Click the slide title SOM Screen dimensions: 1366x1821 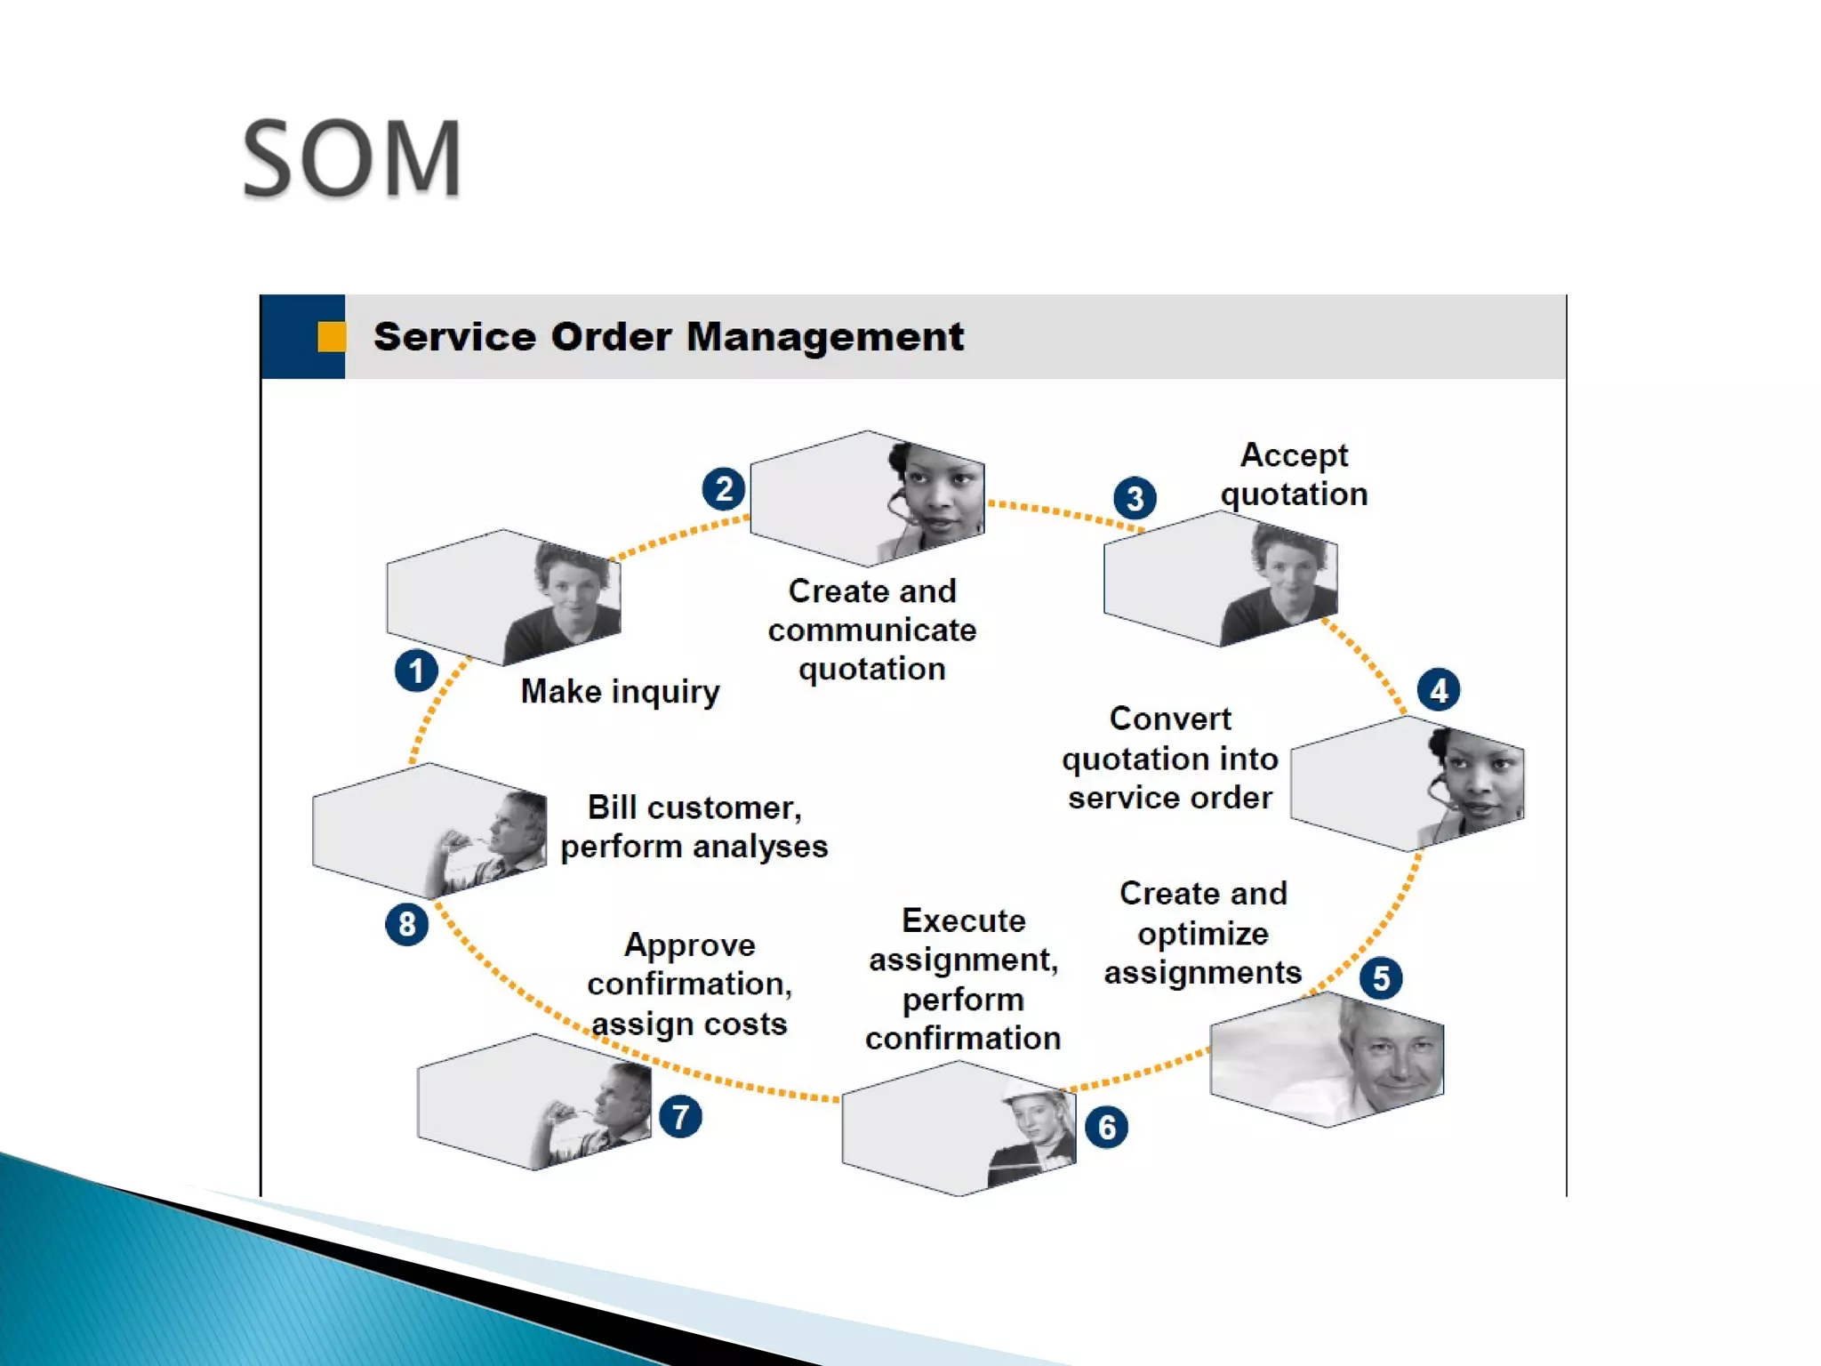(352, 159)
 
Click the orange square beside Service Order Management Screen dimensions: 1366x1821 (331, 337)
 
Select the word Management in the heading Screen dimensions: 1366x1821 (824, 337)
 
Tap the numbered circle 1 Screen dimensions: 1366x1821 (416, 671)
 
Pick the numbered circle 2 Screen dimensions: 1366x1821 (724, 489)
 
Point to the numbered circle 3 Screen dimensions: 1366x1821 (1135, 498)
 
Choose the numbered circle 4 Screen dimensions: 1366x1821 (1439, 690)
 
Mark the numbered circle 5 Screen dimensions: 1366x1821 (1381, 978)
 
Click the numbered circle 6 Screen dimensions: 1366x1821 (1107, 1128)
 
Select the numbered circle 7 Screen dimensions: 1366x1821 (681, 1117)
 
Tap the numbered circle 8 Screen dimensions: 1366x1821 (407, 925)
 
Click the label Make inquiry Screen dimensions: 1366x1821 (620, 692)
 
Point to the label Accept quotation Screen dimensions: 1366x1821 (1294, 475)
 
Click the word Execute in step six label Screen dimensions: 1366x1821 (963, 920)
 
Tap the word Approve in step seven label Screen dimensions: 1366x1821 (689, 944)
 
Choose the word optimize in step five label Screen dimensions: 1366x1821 (1202, 934)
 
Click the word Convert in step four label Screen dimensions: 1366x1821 (1169, 719)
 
